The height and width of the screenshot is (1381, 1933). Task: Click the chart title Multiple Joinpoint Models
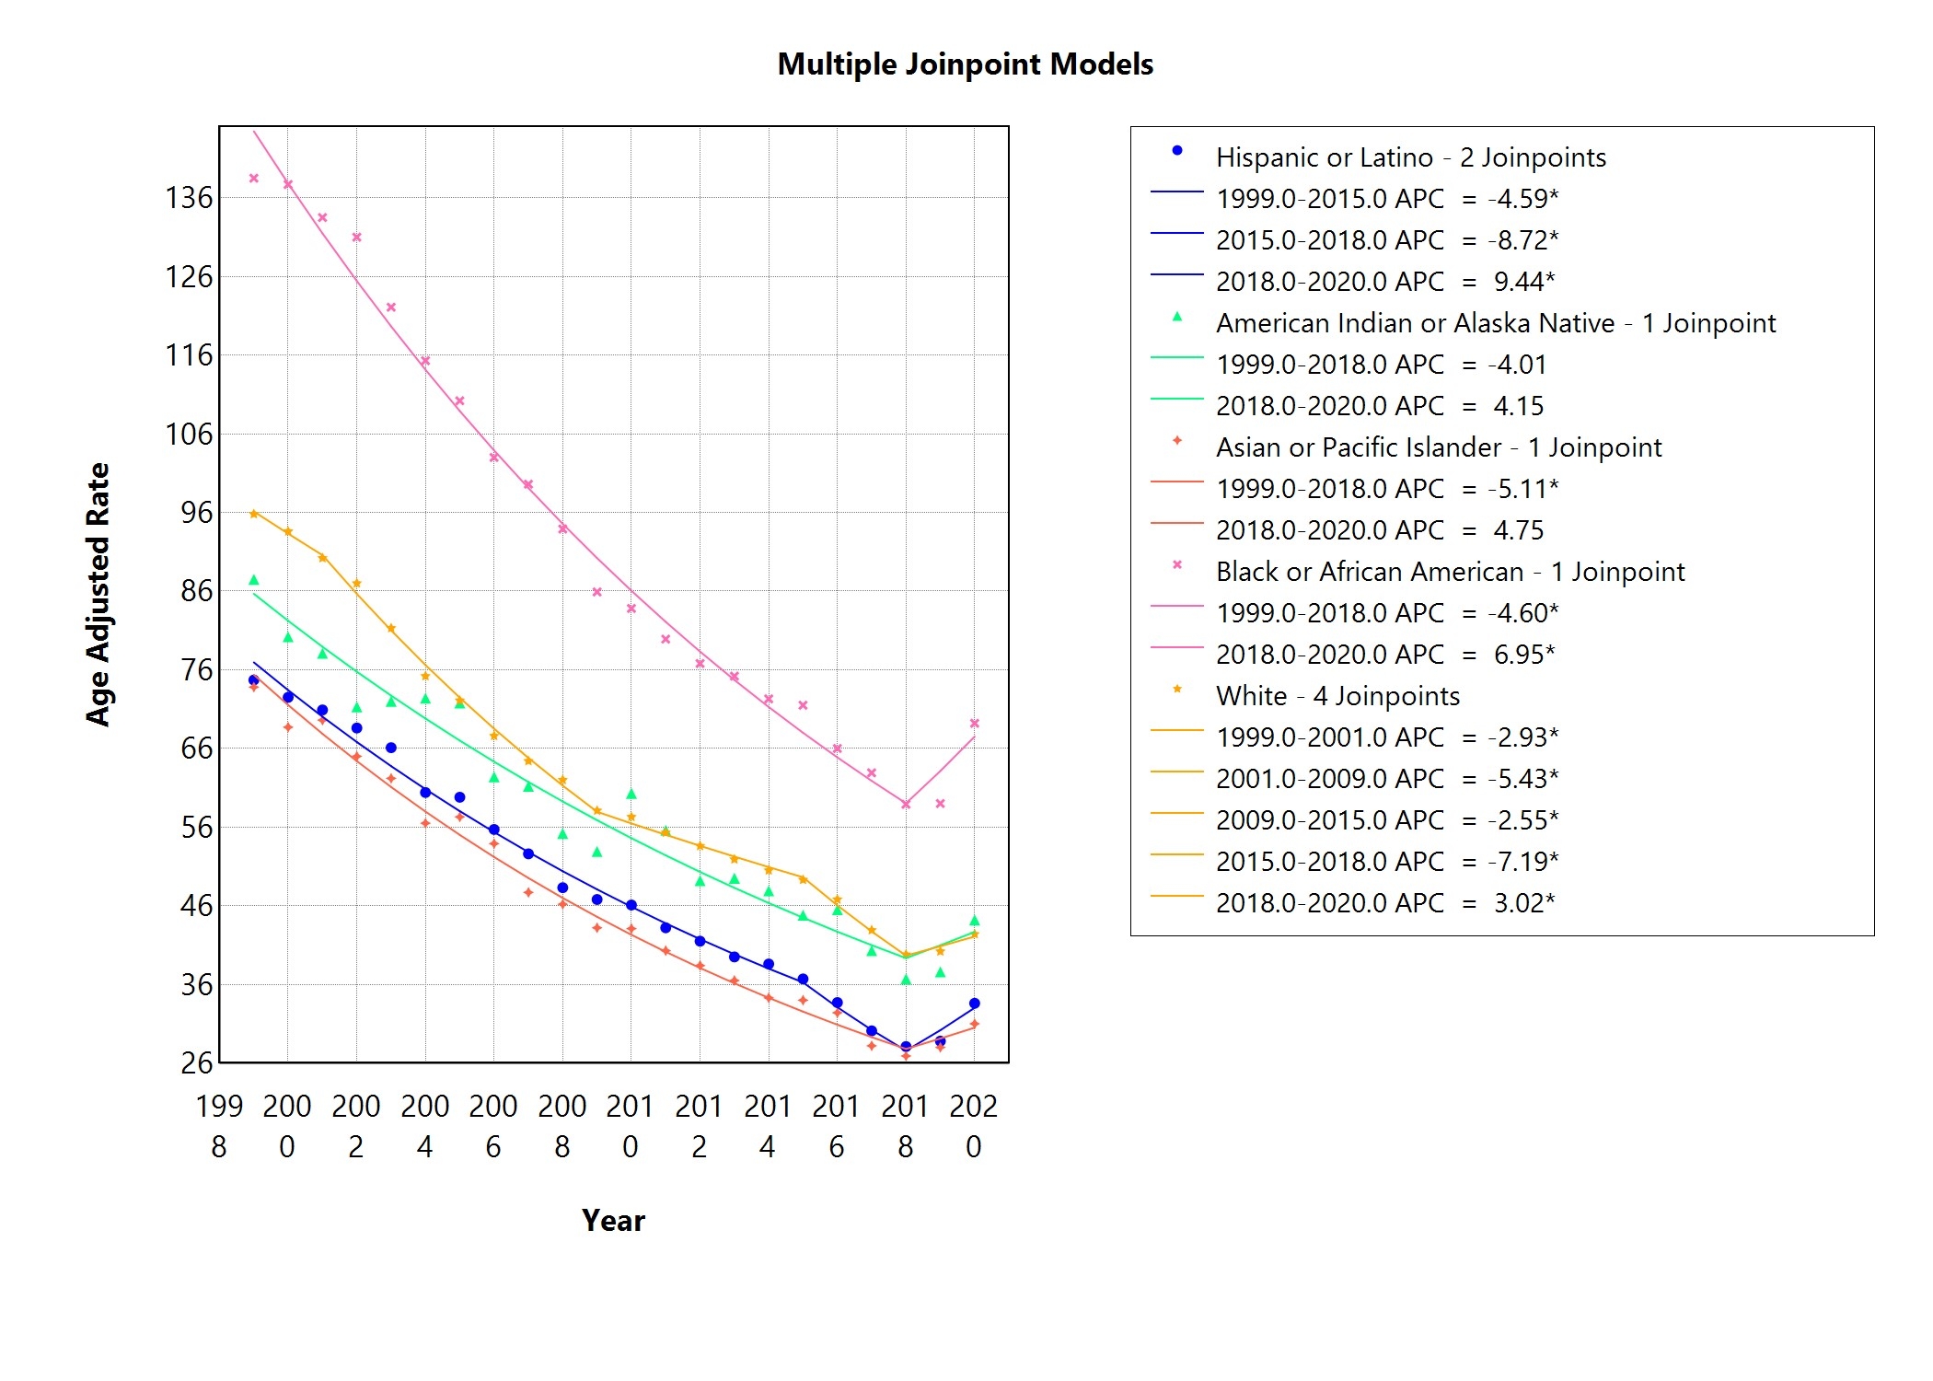[965, 64]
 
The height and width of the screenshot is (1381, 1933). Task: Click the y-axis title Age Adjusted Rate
[98, 595]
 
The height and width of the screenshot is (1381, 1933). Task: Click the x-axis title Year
[613, 1220]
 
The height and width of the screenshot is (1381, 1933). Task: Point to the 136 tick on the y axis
[188, 198]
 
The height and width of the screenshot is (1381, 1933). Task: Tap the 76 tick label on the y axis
[196, 670]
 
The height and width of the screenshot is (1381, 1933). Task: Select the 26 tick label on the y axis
[196, 1063]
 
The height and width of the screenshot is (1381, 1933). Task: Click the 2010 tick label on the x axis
[631, 1125]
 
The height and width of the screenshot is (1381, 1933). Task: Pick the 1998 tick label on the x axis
[219, 1125]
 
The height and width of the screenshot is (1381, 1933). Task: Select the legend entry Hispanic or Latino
[1410, 157]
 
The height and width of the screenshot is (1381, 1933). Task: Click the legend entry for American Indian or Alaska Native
[1495, 323]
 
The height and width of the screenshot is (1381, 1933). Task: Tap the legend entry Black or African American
[1450, 572]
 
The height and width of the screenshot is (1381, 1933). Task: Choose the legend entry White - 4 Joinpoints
[1337, 696]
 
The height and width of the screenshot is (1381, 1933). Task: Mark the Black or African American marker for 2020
[975, 724]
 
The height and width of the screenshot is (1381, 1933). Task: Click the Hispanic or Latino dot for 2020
[975, 1004]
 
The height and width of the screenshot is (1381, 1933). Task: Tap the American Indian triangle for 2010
[631, 794]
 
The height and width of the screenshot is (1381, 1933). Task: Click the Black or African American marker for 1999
[254, 179]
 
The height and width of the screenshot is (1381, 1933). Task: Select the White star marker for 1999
[254, 514]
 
